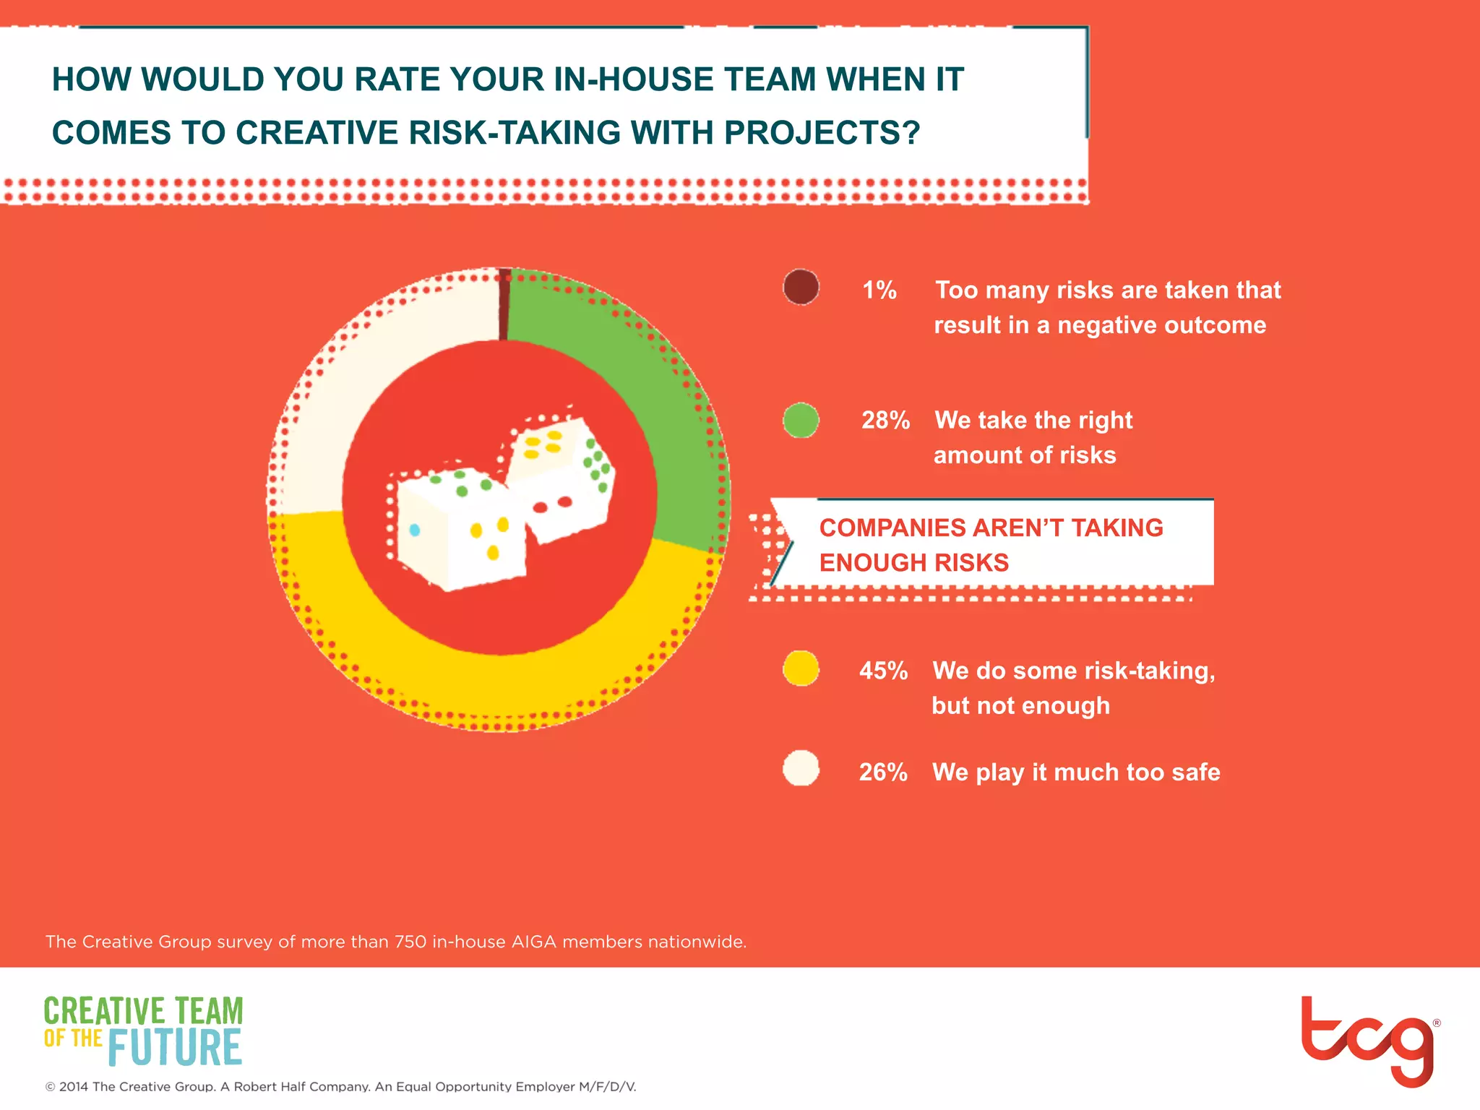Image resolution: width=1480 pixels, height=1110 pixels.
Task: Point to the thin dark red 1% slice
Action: (504, 304)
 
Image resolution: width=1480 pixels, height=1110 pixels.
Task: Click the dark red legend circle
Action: (801, 288)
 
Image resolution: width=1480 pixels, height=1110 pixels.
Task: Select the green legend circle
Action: (801, 420)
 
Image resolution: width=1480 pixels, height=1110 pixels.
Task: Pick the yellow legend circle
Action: (801, 668)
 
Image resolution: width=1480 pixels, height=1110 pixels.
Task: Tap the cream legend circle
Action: (801, 768)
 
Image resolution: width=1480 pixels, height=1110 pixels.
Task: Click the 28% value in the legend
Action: (885, 420)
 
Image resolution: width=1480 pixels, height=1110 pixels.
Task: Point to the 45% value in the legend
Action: (883, 671)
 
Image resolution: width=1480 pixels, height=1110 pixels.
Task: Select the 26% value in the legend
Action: (883, 772)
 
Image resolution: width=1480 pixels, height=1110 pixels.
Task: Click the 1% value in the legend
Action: (879, 290)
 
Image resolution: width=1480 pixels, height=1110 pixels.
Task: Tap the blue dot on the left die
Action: (415, 530)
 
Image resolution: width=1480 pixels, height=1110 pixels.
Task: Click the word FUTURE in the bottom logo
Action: (175, 1048)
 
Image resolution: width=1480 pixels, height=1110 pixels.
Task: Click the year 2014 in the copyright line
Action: (74, 1087)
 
